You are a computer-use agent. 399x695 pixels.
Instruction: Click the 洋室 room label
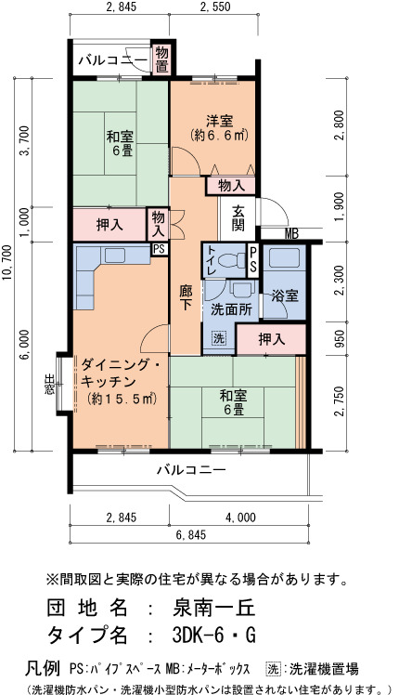point(219,120)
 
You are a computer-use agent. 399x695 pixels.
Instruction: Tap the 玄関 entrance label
point(238,218)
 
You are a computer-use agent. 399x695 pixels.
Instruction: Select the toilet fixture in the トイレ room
point(234,260)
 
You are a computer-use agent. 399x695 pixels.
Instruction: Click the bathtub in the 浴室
point(284,258)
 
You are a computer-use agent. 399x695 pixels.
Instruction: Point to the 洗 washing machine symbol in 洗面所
point(218,338)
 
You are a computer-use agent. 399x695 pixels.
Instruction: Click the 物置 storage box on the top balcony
point(161,59)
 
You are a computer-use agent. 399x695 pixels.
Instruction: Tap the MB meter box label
point(291,233)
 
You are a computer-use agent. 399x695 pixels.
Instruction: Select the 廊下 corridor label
point(185,297)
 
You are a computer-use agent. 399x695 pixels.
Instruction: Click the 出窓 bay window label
point(49,384)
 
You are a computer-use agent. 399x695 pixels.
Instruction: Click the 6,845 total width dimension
point(191,535)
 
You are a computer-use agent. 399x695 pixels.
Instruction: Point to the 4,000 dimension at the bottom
point(240,518)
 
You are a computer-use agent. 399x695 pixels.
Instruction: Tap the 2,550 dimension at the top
point(215,7)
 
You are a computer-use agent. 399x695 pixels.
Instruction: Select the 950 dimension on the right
point(340,339)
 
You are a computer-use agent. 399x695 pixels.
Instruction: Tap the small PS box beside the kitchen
point(160,249)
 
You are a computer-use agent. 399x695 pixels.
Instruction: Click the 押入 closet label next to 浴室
point(272,340)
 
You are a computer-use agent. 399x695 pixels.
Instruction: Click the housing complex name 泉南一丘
point(214,608)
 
